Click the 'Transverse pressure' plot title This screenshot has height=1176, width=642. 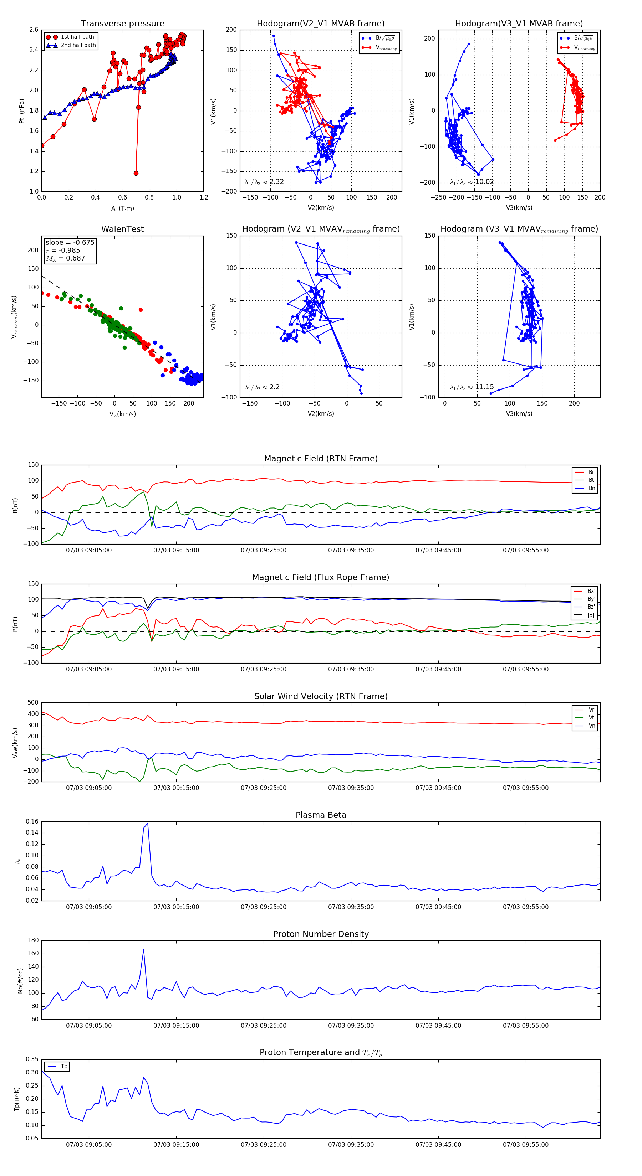(122, 24)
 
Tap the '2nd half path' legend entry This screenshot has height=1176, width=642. (78, 45)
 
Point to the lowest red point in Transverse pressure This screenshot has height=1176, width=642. (136, 173)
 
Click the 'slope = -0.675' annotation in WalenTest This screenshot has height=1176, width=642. (70, 242)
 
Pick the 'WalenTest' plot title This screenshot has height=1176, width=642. (122, 229)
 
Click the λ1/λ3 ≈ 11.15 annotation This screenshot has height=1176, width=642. (472, 387)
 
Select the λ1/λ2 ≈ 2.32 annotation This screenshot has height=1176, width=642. (264, 182)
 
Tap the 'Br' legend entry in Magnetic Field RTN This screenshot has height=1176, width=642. (591, 472)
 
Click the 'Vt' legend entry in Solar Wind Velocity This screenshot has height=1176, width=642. (591, 718)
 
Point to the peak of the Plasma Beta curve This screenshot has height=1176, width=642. (147, 823)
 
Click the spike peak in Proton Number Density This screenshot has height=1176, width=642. (143, 950)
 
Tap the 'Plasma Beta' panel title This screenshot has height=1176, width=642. (321, 815)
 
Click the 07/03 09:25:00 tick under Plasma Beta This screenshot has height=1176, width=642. (264, 907)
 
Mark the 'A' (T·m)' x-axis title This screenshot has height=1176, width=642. (122, 208)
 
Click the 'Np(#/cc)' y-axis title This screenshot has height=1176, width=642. (20, 980)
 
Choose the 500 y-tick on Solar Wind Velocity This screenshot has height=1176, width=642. (33, 703)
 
